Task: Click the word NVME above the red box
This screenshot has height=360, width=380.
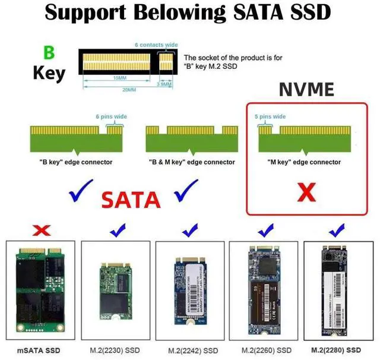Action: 307,90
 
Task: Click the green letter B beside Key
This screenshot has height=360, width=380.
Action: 49,52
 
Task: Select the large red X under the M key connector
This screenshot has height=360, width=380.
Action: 306,191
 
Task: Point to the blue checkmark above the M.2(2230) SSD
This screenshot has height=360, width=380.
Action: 117,229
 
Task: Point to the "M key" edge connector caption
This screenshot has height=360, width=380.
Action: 305,162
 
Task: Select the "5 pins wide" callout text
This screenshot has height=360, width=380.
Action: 271,116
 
